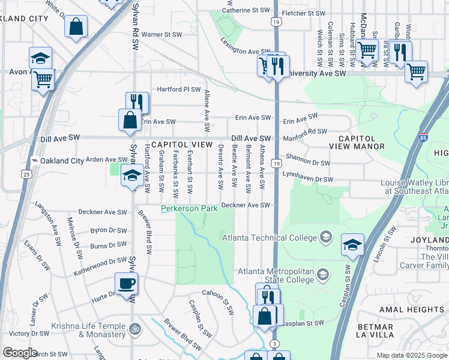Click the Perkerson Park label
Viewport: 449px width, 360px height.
(188, 208)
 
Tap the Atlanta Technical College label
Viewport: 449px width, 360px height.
(270, 238)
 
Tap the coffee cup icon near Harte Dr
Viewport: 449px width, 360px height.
(126, 283)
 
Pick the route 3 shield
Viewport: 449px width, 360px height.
(274, 343)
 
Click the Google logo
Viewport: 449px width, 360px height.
(20, 353)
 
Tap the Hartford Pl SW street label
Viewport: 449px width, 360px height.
(178, 89)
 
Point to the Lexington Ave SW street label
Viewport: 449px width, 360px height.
(245, 47)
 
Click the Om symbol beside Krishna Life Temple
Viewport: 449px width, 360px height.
(134, 329)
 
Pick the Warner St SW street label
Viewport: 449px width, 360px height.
(164, 35)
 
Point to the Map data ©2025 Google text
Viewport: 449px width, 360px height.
(411, 355)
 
